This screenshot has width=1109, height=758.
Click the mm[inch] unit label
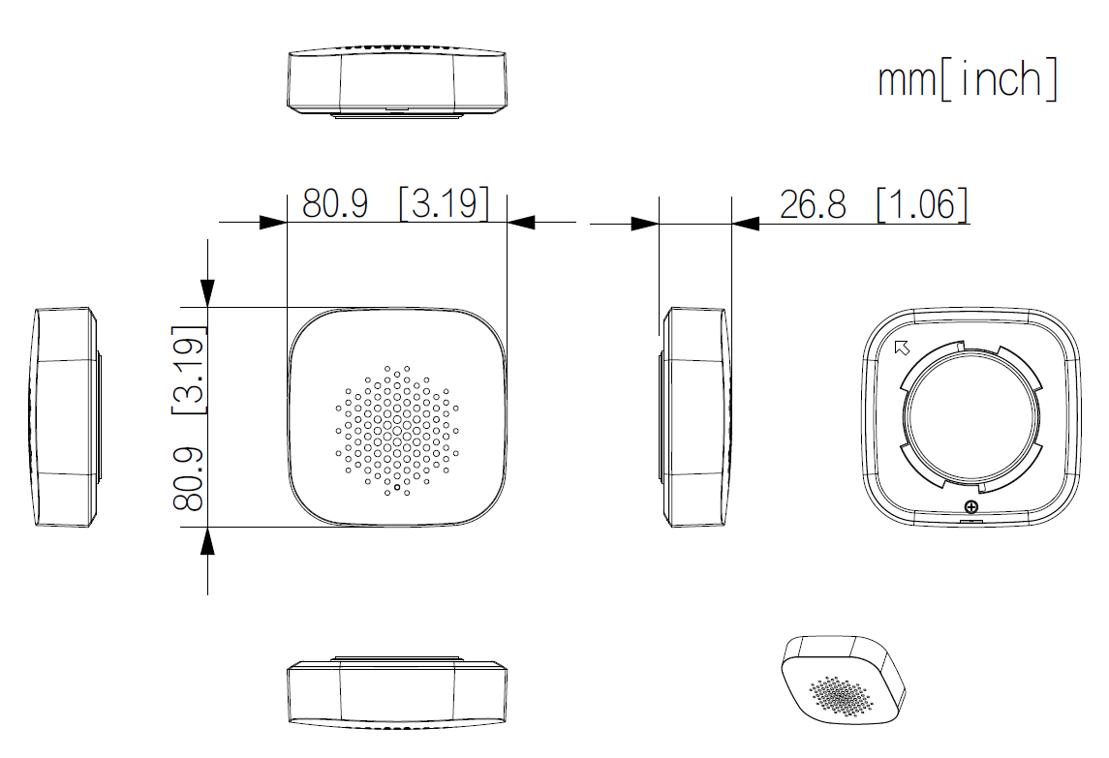click(x=967, y=79)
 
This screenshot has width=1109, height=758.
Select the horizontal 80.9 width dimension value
click(x=335, y=204)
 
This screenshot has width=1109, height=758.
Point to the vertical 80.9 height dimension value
click(x=188, y=478)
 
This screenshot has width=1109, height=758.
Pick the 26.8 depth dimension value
click(x=813, y=204)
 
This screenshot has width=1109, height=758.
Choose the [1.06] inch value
click(x=922, y=204)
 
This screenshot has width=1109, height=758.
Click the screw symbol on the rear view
click(x=971, y=506)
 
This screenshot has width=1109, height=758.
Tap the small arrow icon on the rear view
click(x=901, y=349)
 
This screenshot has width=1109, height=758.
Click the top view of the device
click(x=397, y=81)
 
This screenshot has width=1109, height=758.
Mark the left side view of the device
click(x=66, y=417)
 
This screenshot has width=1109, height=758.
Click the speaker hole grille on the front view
click(x=397, y=429)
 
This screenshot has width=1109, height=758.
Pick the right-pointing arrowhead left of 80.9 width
click(x=273, y=223)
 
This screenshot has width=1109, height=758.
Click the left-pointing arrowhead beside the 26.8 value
click(x=746, y=224)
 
